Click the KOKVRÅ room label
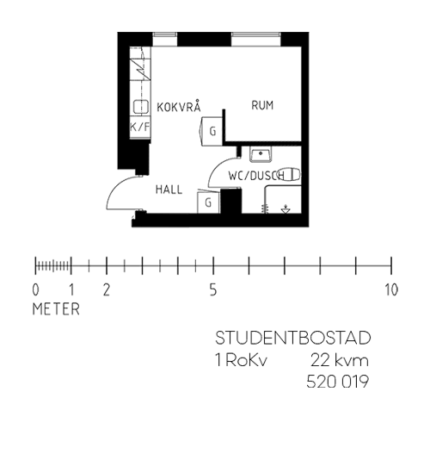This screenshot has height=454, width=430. pos(179,106)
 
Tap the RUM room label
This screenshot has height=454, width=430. pos(262,105)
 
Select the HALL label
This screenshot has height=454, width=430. pos(169,190)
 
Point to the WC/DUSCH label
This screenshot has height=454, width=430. pos(256,176)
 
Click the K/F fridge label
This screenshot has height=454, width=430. pos(140,127)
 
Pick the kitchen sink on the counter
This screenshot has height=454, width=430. pos(141,106)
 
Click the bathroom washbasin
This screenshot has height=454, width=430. pos(261,154)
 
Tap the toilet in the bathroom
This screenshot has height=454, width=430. pos(290,175)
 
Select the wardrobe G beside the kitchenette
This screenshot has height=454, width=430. pos(212,131)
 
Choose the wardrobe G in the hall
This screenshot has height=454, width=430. pos(208,202)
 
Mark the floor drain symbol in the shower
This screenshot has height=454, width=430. pos(286,209)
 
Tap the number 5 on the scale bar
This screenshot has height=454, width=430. pos(213,289)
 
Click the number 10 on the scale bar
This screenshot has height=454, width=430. pos(391,289)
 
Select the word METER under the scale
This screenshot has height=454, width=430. pos(56,309)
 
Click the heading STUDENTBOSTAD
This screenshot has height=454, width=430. pos(293,338)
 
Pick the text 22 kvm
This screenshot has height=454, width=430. pos(340,361)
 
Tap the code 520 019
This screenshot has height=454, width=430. pos(338,382)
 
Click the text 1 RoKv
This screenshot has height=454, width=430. pos(242,361)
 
